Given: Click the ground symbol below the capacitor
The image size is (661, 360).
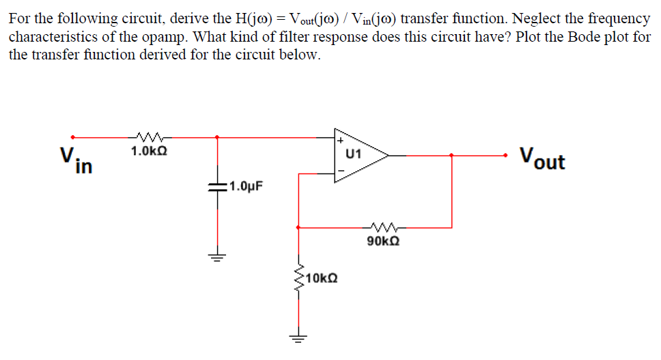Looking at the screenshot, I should coord(218,258).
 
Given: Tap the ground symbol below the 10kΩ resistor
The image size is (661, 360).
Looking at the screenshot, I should coord(298,336).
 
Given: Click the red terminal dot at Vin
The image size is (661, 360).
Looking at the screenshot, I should coord(73,137).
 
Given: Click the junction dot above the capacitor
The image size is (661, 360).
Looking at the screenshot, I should coord(218,137).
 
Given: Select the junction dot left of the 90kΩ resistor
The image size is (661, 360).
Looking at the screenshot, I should coord(298,227).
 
